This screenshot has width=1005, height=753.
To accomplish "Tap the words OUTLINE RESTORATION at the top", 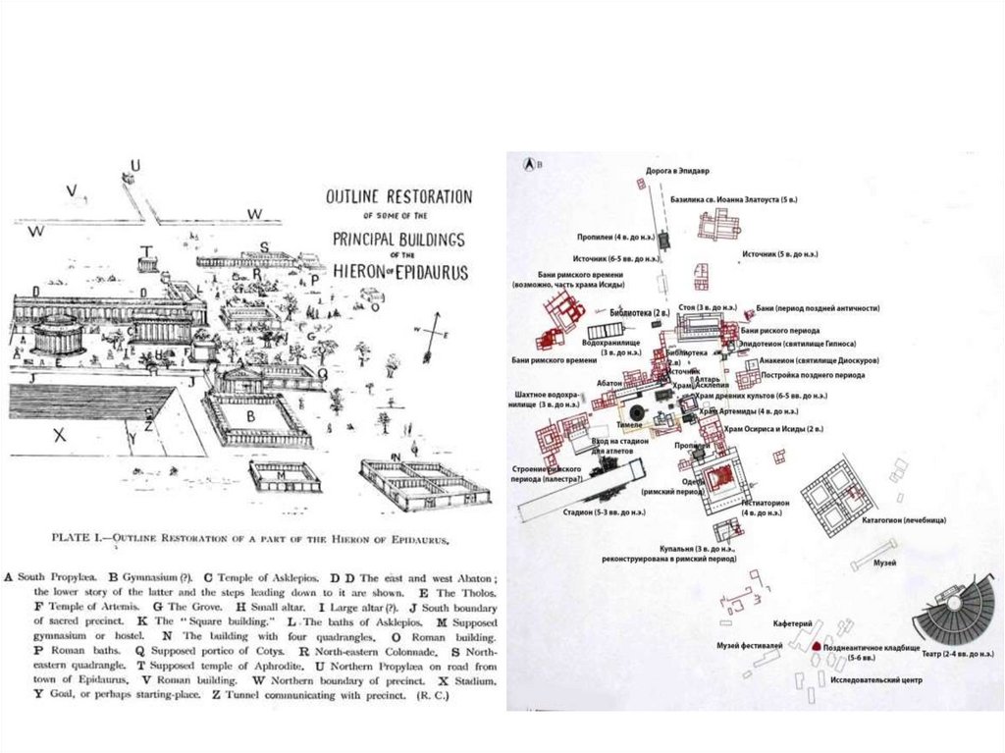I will click(x=398, y=197).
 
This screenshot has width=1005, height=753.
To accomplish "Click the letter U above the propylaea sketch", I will click(x=135, y=164).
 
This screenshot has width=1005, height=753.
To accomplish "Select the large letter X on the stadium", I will click(x=59, y=435).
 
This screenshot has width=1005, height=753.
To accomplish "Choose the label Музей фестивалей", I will click(x=750, y=644).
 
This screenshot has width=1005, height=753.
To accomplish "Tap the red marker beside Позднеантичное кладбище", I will click(x=817, y=647).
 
